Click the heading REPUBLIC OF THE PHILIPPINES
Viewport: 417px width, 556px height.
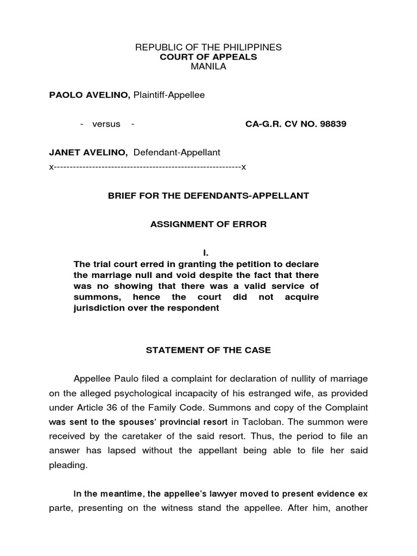click(208, 47)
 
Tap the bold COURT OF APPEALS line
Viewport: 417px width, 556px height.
click(208, 57)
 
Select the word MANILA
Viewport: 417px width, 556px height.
click(208, 67)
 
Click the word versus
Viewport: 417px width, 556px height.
click(106, 124)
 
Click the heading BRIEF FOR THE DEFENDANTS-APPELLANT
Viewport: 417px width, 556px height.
click(208, 195)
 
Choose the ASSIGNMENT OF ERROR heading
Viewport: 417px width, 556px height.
click(208, 224)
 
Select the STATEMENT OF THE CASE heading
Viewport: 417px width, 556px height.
click(208, 350)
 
